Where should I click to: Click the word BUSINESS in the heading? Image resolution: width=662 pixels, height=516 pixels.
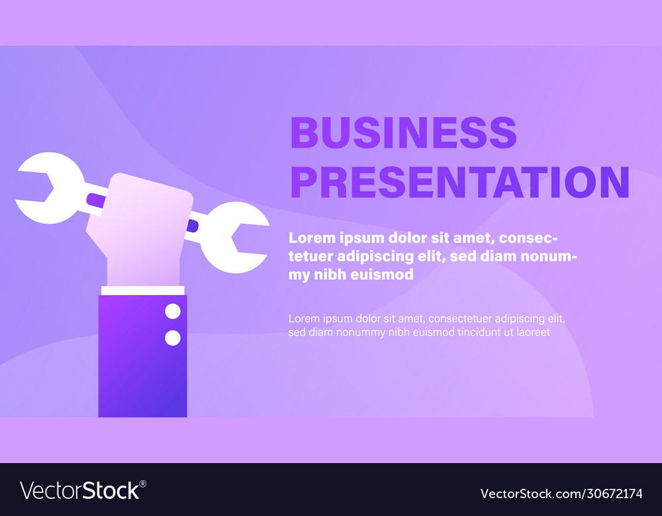(403, 132)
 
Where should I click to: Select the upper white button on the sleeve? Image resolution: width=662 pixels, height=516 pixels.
(172, 311)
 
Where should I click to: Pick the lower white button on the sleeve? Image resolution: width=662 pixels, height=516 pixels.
(172, 338)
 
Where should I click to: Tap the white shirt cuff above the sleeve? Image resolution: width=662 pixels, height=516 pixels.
(142, 290)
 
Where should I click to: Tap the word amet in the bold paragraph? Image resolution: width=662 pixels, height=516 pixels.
(469, 237)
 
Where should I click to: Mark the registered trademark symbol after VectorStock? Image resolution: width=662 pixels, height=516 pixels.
(143, 484)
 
